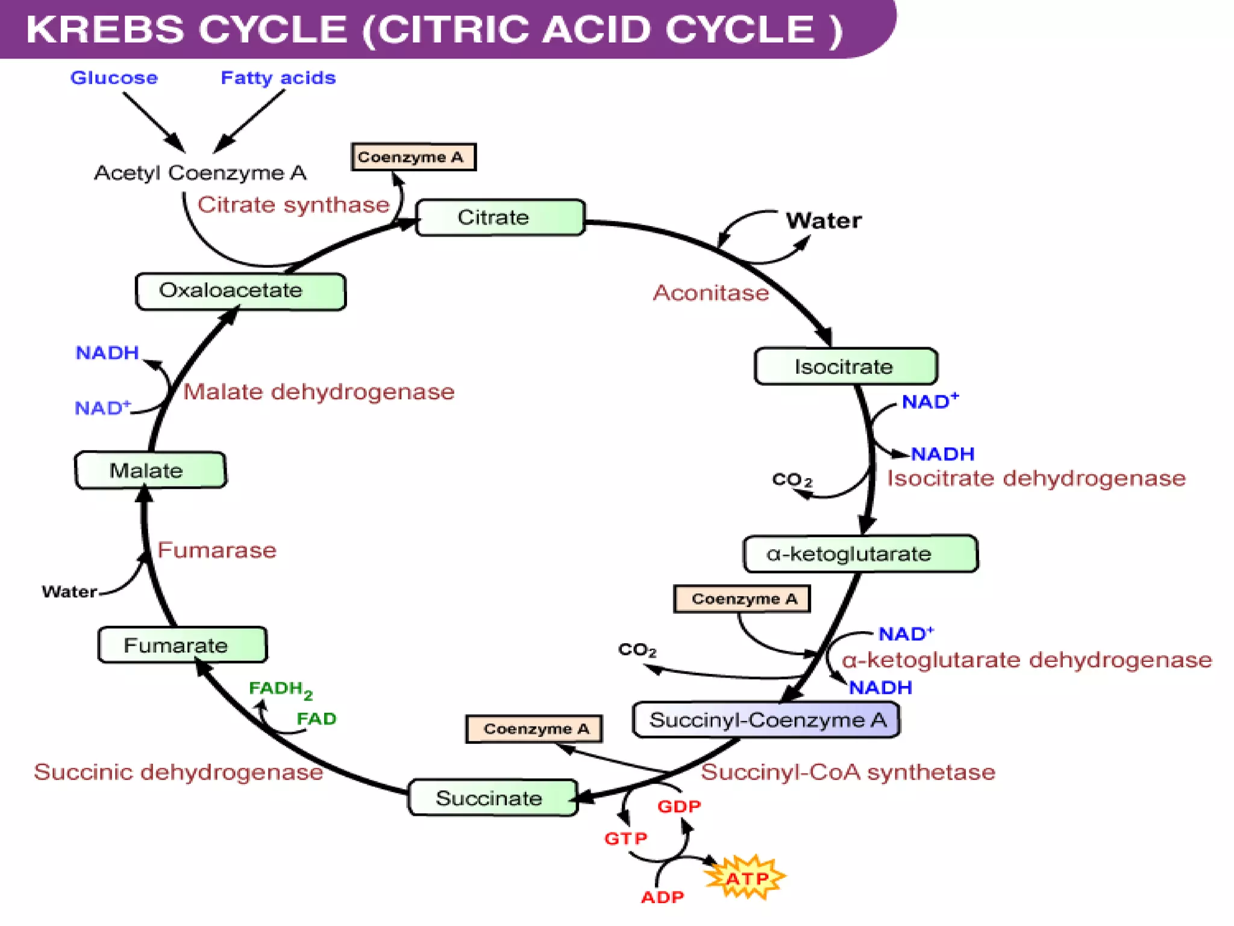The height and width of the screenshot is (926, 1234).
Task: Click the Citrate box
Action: [500, 218]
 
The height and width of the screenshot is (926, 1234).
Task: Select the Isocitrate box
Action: [845, 367]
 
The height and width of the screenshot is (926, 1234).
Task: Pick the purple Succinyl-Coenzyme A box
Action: [766, 720]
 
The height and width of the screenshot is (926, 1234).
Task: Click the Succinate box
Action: [492, 798]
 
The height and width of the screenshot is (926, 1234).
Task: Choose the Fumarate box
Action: [182, 645]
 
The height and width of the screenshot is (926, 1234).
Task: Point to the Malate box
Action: [150, 470]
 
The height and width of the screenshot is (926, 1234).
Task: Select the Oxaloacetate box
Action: [240, 291]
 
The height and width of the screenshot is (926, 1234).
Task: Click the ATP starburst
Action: [746, 878]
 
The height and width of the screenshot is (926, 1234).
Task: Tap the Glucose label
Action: [114, 78]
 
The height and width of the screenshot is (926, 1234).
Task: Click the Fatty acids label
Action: [278, 78]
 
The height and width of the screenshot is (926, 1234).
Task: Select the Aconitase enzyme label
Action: [711, 293]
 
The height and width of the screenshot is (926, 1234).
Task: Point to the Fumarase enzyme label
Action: [217, 550]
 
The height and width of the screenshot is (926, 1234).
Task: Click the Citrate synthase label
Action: [293, 205]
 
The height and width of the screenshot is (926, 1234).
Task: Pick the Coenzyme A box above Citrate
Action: [413, 157]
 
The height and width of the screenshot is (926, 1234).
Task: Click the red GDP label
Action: [679, 806]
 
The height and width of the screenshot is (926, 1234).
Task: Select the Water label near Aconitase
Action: [823, 221]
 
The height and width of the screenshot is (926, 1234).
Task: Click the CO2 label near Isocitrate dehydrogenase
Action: [792, 480]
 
